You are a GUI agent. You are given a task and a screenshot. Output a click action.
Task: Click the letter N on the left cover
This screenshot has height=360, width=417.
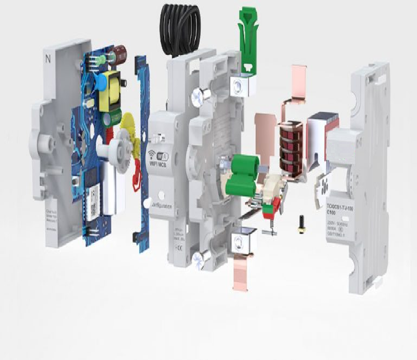[48, 59]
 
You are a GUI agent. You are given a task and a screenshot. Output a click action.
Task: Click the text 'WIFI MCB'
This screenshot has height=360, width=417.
[161, 165]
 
